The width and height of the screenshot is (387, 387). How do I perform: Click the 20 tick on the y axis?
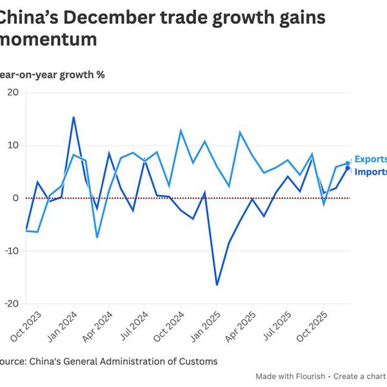point(12,92)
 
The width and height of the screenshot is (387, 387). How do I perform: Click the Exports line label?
point(371,159)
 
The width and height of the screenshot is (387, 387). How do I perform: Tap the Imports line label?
point(371,172)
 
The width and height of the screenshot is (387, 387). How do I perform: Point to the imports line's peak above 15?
point(74,117)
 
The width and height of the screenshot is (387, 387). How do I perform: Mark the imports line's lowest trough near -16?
point(217,284)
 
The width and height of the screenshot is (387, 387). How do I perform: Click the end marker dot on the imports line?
point(348,168)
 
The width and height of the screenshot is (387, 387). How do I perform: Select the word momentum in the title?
point(48,40)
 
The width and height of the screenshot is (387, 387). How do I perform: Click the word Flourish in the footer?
point(306,376)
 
